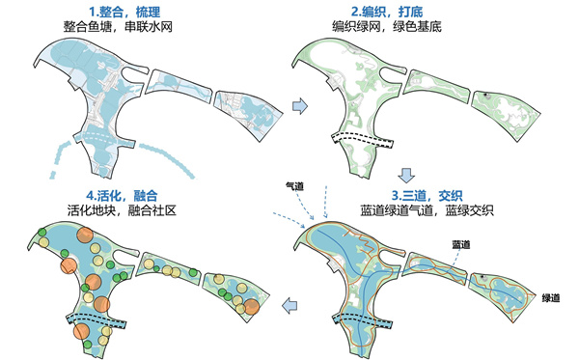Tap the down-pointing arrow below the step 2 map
tap(407, 176)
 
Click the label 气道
tap(294, 183)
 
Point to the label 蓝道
tap(461, 245)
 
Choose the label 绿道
tap(550, 296)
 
